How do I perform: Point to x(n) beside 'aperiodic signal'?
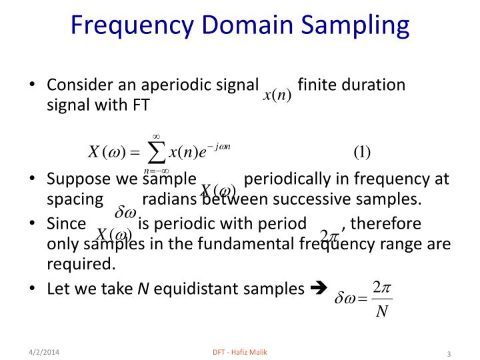276,95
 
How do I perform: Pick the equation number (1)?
362,152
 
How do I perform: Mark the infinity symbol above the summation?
156,136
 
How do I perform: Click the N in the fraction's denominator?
382,312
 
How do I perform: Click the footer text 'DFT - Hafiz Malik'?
239,351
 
